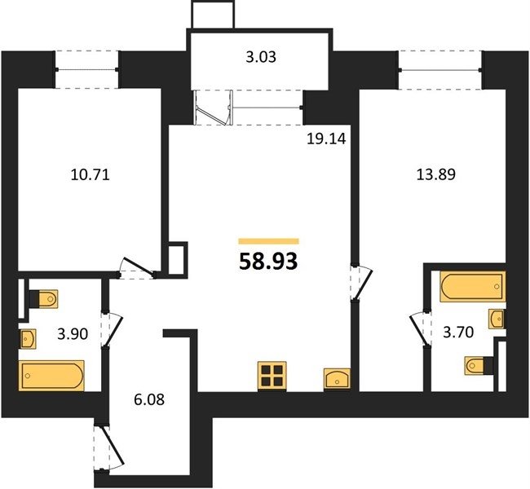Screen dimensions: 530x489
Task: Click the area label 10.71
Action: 91,175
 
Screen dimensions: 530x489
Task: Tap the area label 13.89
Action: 435,174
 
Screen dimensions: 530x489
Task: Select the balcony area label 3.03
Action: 261,57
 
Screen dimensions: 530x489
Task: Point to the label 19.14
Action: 326,139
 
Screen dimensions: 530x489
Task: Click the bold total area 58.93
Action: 268,262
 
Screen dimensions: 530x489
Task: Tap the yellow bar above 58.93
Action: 269,241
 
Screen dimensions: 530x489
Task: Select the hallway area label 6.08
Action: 149,399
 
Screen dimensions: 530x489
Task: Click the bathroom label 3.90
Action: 73,334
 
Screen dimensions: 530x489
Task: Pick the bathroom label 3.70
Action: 458,333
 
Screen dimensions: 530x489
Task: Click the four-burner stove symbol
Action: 272,377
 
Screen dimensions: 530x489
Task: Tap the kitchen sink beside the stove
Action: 337,378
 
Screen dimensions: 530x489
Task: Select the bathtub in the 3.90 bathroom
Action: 51,376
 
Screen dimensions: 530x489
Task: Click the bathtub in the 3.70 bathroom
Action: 473,286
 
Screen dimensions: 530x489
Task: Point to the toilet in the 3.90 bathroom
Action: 43,299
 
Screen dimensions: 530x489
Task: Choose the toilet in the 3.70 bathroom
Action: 479,365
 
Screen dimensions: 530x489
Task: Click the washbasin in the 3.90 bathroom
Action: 28,338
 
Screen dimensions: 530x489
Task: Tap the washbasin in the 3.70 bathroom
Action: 497,319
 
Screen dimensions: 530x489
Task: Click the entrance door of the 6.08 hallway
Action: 108,447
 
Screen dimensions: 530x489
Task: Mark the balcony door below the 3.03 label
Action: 214,108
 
